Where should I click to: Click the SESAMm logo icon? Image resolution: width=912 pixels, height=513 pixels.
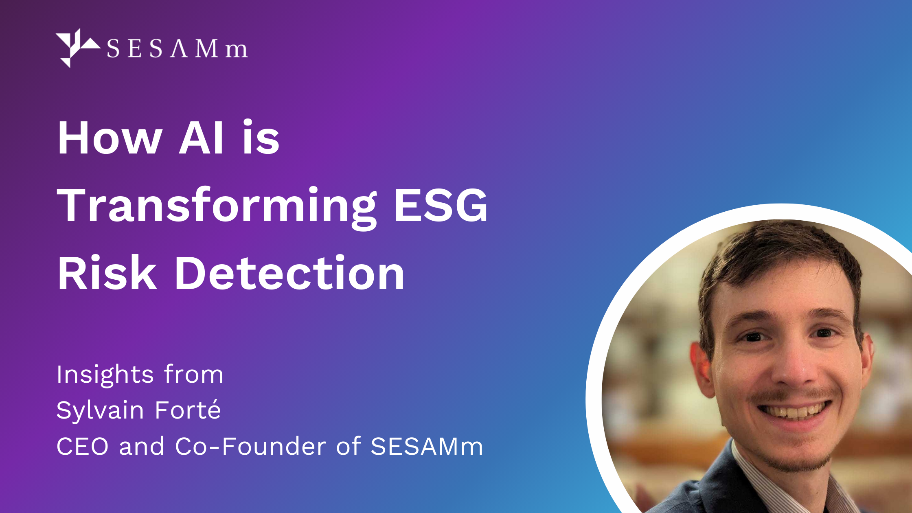[x=77, y=48]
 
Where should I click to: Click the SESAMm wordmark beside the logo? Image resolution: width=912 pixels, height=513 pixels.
[x=177, y=49]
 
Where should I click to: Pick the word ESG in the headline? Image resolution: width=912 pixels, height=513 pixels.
[x=441, y=205]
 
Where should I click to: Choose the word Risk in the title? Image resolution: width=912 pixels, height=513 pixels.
[x=107, y=272]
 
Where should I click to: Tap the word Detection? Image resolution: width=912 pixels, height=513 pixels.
[x=289, y=273]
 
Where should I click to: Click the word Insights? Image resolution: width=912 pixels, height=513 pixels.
[x=105, y=375]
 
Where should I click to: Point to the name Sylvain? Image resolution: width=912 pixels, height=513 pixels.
[x=100, y=411]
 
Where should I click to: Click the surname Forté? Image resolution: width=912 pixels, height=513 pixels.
[x=188, y=409]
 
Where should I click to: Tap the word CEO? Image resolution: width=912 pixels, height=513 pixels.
[x=83, y=446]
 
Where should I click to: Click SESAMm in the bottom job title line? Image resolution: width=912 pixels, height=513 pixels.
[x=427, y=446]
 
